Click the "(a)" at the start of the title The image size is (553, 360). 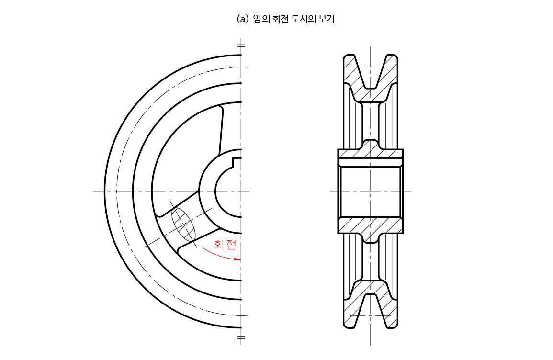click(243, 19)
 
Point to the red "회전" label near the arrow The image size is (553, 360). click(225, 245)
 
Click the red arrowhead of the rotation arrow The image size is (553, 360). click(237, 259)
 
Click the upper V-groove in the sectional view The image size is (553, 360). click(371, 72)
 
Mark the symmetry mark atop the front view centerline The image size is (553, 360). click(241, 45)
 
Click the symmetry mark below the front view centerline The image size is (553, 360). click(241, 337)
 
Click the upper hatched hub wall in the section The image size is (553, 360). click(370, 153)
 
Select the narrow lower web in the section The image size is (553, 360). click(370, 261)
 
